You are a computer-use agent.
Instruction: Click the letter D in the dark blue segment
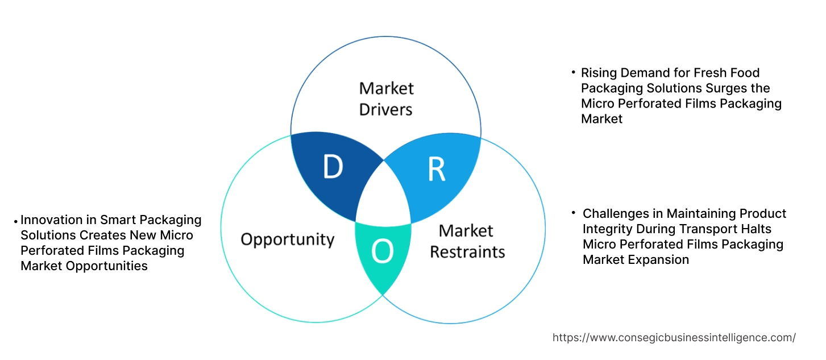click(x=333, y=167)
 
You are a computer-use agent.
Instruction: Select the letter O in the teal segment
click(x=382, y=252)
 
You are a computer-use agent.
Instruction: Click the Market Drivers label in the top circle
click(x=386, y=98)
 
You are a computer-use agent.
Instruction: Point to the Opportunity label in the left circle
click(x=287, y=239)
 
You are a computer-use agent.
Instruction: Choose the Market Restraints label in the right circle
click(x=467, y=241)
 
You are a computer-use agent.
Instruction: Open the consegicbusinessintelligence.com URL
click(x=674, y=337)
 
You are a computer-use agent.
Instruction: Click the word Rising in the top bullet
click(x=598, y=73)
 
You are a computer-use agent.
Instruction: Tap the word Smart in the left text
click(x=117, y=220)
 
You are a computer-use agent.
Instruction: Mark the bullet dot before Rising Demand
click(x=574, y=73)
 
